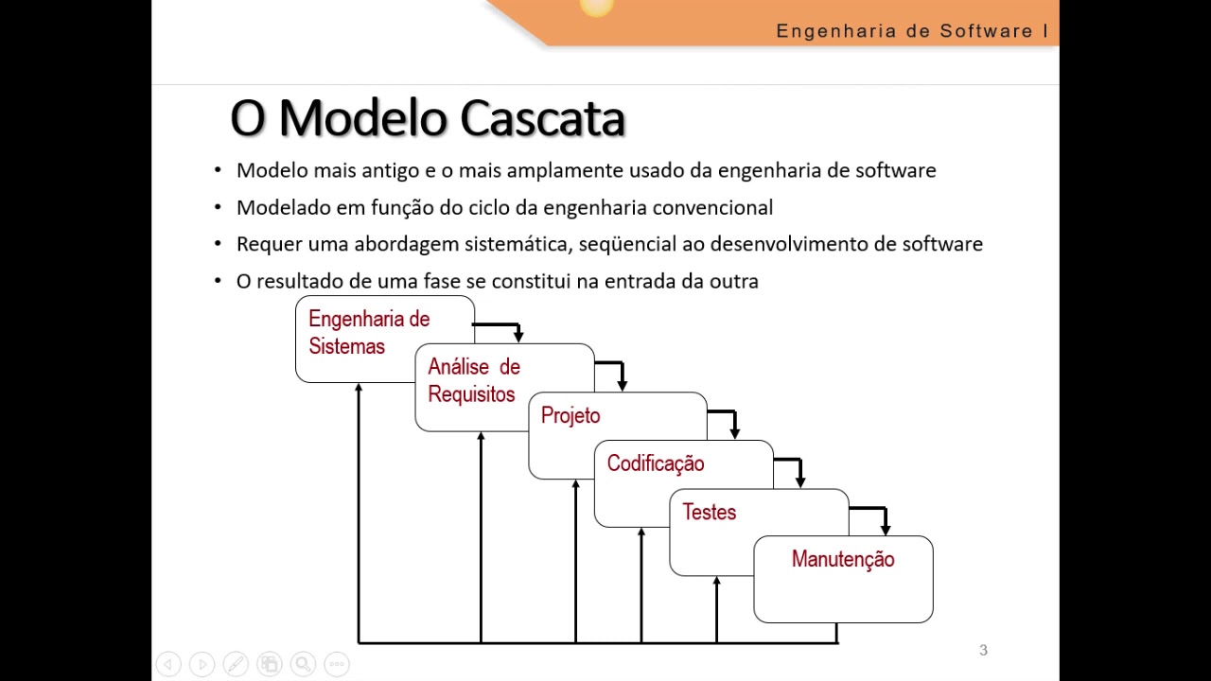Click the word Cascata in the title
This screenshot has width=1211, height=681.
(x=543, y=119)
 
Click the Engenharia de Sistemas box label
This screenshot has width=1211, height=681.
(x=369, y=333)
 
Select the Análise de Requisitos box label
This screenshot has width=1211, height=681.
(x=473, y=380)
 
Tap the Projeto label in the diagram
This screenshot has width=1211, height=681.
(x=570, y=416)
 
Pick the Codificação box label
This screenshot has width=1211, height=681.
(x=656, y=463)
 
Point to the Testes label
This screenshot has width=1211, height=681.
(x=709, y=512)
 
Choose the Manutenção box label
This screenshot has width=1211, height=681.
(x=843, y=559)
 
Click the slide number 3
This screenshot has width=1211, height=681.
(x=983, y=650)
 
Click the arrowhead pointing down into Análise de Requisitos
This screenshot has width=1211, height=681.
(x=518, y=336)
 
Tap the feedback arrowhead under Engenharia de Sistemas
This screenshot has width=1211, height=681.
(x=359, y=389)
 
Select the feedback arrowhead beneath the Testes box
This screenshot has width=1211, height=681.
(x=716, y=581)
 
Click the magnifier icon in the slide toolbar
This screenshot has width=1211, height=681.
(x=303, y=664)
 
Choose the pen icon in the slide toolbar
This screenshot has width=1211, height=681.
(x=236, y=664)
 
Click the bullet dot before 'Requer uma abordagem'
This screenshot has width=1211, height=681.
(x=218, y=244)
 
